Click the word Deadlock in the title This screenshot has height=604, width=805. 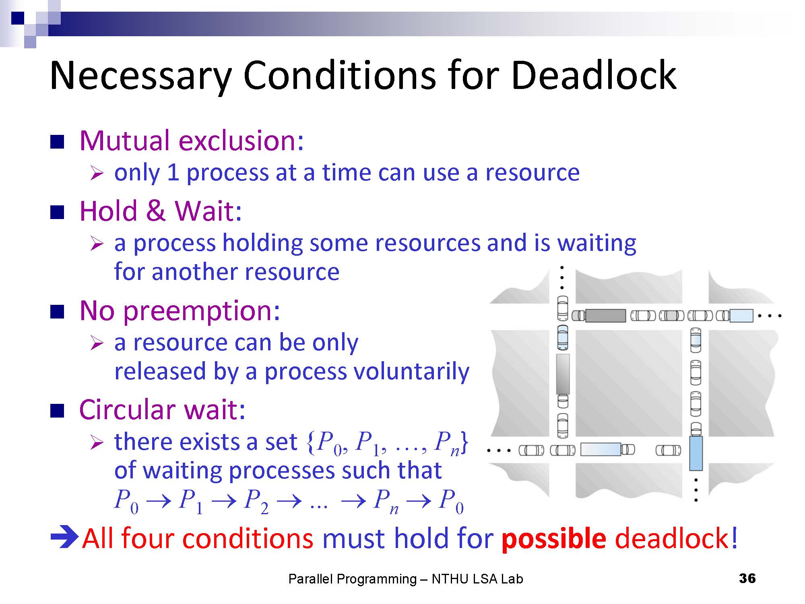pyautogui.click(x=594, y=75)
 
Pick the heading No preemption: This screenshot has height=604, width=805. pyautogui.click(x=180, y=311)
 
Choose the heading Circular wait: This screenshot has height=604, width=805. pyautogui.click(x=162, y=410)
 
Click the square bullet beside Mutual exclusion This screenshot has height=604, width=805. pyautogui.click(x=57, y=142)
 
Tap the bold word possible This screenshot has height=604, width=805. pyautogui.click(x=554, y=538)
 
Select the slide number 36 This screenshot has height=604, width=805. pyautogui.click(x=747, y=578)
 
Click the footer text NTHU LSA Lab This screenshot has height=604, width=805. pyautogui.click(x=477, y=579)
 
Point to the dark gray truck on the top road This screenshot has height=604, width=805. pyautogui.click(x=605, y=316)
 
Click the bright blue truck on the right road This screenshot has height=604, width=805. pyautogui.click(x=696, y=453)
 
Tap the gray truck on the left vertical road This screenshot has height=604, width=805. pyautogui.click(x=563, y=374)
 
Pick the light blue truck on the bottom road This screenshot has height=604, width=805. pyautogui.click(x=601, y=449)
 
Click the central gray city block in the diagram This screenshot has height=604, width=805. pyautogui.click(x=629, y=383)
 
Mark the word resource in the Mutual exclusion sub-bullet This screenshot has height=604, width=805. pyautogui.click(x=533, y=173)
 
